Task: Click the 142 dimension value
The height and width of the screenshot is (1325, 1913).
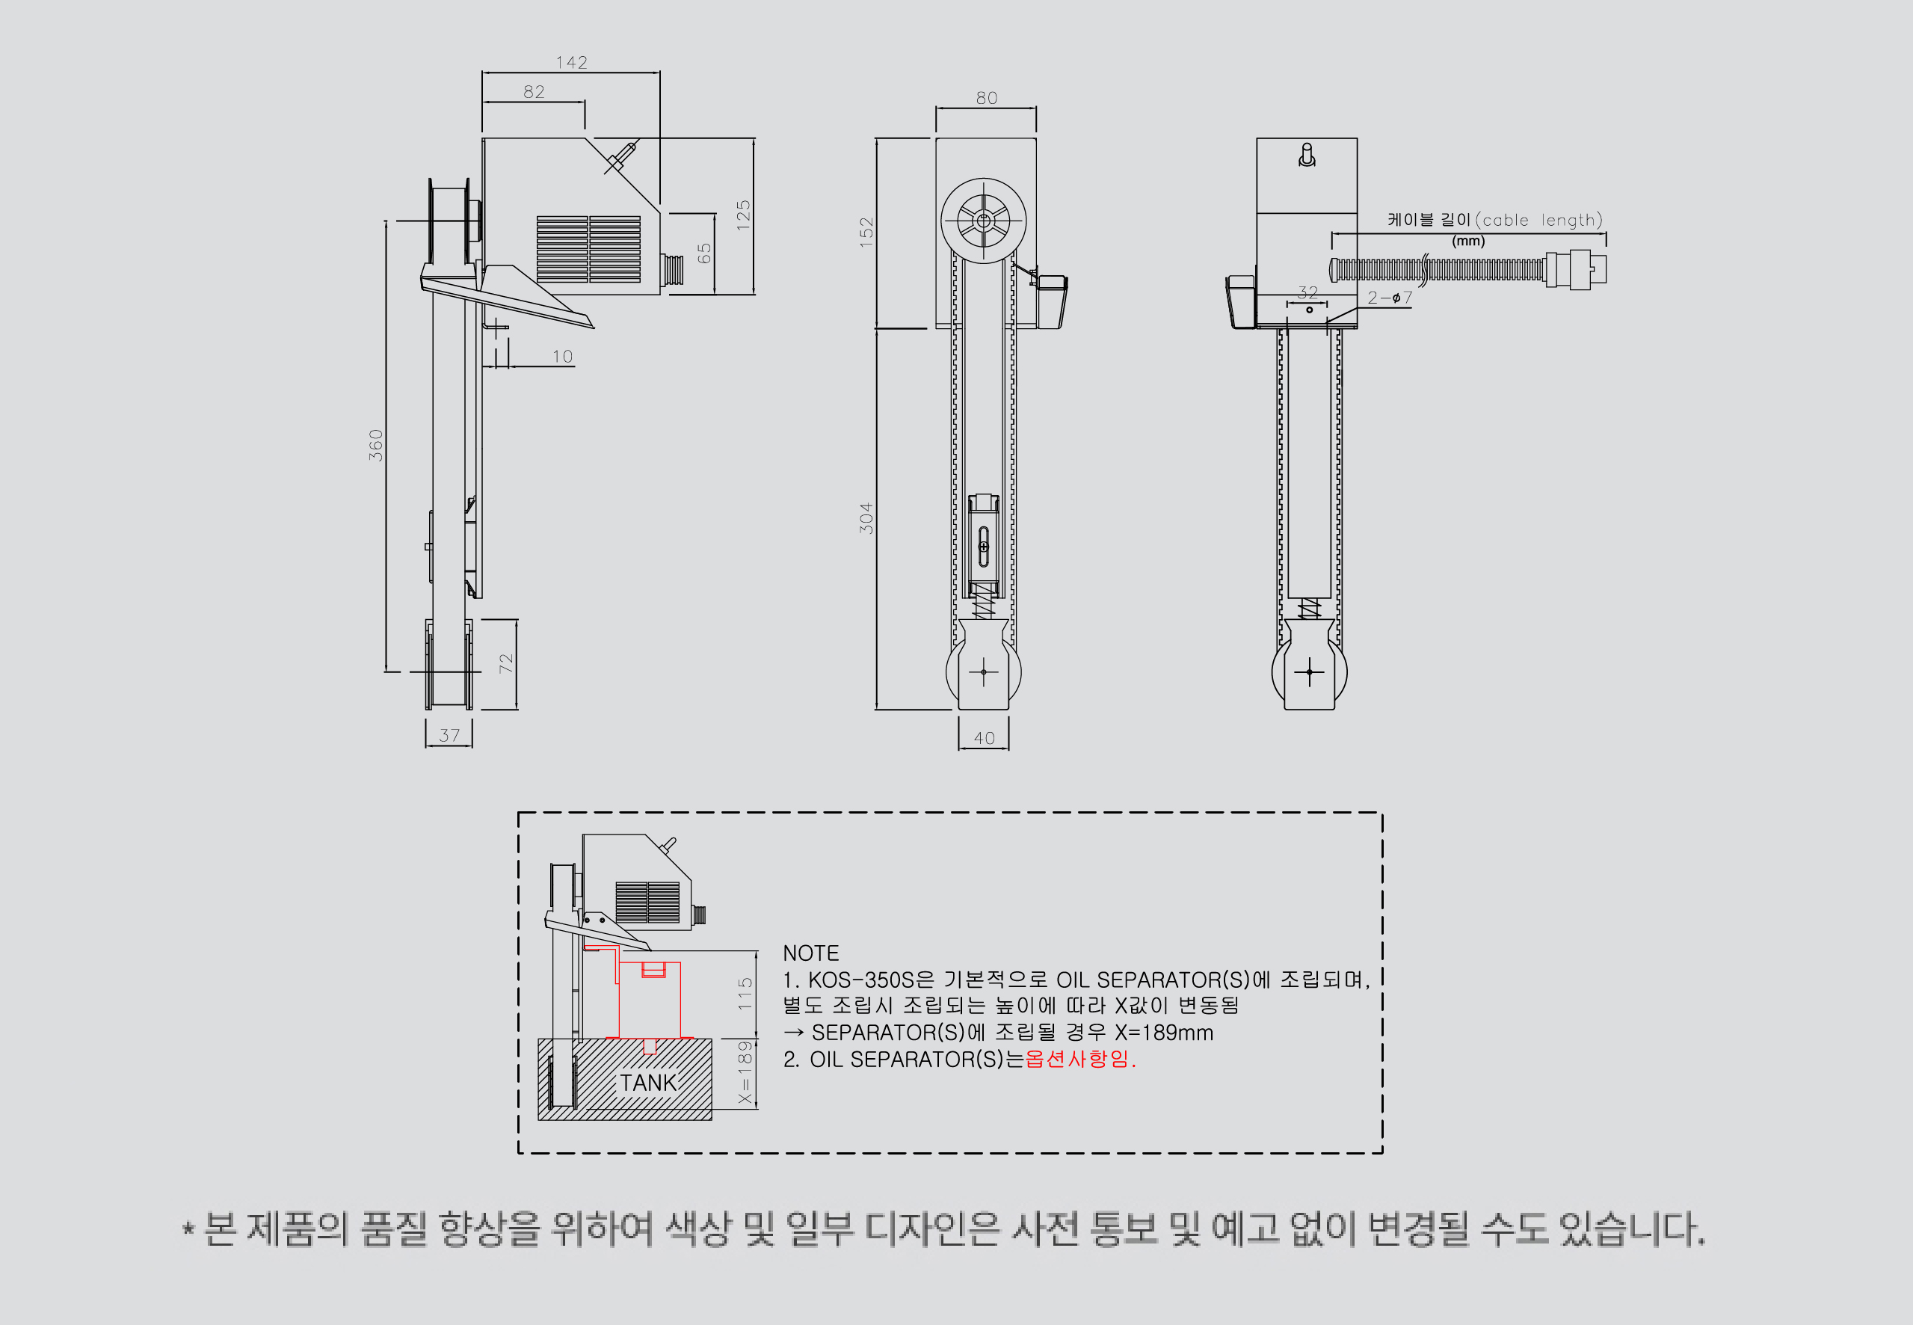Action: click(572, 62)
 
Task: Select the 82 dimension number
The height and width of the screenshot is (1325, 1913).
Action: click(535, 92)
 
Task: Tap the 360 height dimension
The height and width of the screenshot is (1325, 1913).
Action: click(376, 445)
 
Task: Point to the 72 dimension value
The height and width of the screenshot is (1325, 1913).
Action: click(506, 663)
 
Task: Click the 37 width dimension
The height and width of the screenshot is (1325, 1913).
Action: click(449, 736)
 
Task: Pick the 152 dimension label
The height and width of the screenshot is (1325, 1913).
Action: click(866, 233)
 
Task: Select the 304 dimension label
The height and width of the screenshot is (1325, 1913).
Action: click(866, 518)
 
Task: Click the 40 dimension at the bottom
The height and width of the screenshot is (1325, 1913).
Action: click(985, 738)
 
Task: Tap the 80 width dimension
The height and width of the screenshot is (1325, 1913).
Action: click(987, 98)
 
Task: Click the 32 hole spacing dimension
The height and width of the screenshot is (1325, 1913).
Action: click(1308, 292)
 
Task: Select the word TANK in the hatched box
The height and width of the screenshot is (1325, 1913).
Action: click(648, 1083)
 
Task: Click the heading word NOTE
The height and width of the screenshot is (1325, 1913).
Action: click(811, 953)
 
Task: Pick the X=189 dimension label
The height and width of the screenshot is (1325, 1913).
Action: click(745, 1072)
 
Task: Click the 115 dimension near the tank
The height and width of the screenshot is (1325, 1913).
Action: click(745, 994)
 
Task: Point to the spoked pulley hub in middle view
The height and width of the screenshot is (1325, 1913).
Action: click(984, 221)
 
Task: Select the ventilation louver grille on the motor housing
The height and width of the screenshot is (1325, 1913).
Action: click(588, 249)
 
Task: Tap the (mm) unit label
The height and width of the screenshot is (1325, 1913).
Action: click(1468, 241)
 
